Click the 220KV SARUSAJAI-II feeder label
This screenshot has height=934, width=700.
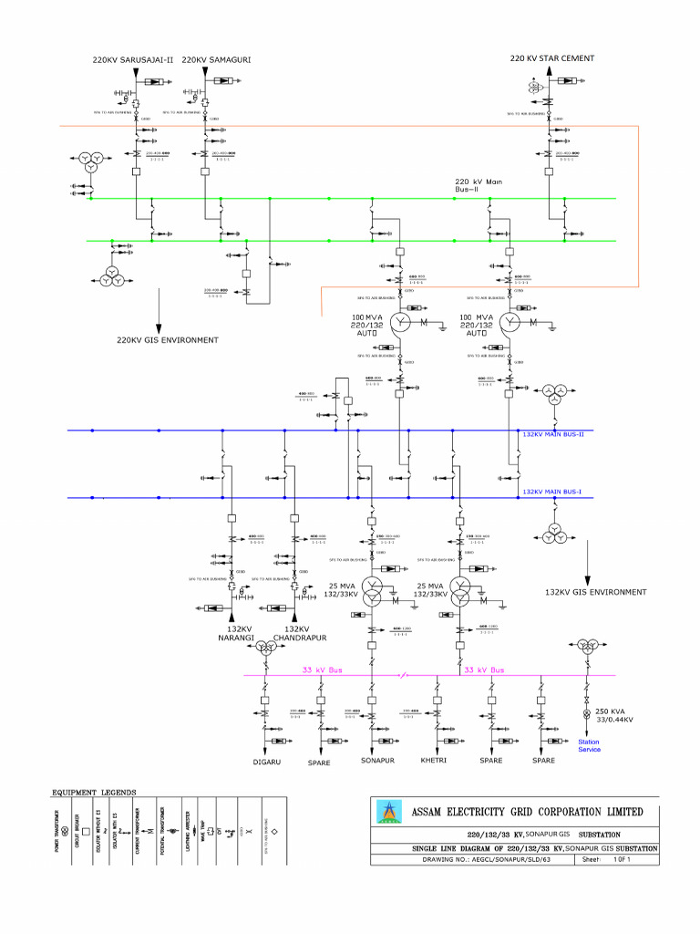(132, 60)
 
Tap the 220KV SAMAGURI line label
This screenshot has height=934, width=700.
(216, 60)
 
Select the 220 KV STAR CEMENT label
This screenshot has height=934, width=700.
(551, 58)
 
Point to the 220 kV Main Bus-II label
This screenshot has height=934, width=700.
(479, 185)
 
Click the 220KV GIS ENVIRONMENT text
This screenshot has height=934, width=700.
(167, 340)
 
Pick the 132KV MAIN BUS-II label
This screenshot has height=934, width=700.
(552, 435)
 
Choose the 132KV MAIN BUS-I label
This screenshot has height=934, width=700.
(551, 492)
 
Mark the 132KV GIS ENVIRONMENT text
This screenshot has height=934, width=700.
(595, 592)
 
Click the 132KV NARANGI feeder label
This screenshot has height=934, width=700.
(240, 633)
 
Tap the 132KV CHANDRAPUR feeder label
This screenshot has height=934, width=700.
(300, 633)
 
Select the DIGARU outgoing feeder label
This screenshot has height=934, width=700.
(266, 760)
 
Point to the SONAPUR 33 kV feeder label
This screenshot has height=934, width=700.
(377, 760)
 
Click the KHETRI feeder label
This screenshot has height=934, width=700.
(433, 760)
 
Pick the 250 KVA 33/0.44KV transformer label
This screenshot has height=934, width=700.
(613, 715)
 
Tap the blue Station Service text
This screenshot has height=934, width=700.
(589, 745)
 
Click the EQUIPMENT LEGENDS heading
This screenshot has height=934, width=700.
(94, 792)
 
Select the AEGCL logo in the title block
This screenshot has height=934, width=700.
(389, 811)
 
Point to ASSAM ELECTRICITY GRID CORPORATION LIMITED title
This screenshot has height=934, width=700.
(527, 812)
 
